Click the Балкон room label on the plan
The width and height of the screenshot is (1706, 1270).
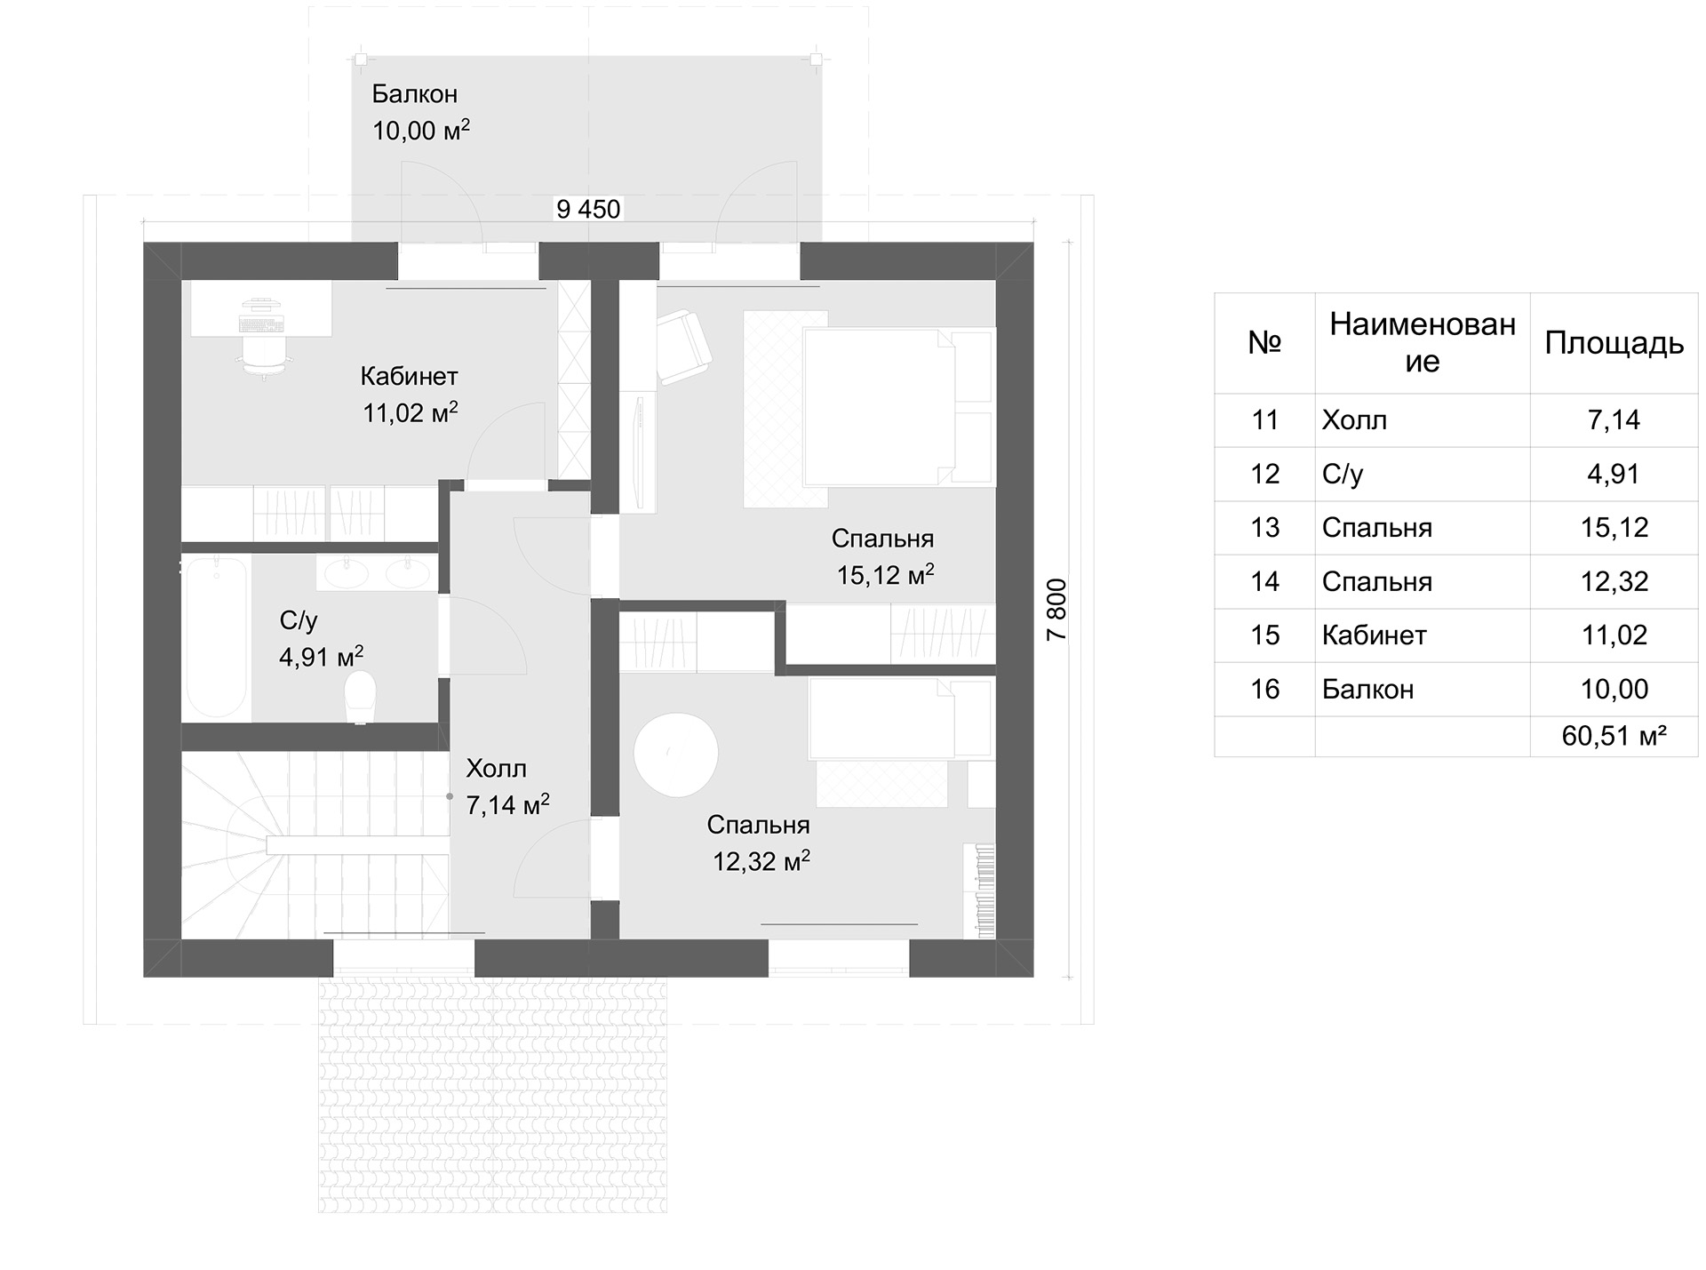(414, 94)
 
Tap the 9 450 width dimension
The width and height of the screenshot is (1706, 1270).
(588, 210)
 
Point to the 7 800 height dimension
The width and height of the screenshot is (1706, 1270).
(1056, 610)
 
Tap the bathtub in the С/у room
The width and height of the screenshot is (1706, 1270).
(216, 636)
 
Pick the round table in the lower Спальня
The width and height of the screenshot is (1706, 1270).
(675, 755)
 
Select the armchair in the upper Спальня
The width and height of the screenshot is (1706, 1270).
(684, 347)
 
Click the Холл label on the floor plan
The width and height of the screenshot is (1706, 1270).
(496, 769)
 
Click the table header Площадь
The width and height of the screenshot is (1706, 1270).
(1614, 343)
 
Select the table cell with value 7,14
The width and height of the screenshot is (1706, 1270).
(1614, 420)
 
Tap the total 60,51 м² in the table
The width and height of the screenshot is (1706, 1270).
(1614, 736)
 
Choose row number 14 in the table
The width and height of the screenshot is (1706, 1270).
(1264, 582)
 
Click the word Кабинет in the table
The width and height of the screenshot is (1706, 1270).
(1374, 635)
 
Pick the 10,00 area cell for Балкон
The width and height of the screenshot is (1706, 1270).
(1614, 690)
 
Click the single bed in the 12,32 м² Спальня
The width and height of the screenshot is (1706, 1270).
(899, 720)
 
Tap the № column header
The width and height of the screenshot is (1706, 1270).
(1264, 343)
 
